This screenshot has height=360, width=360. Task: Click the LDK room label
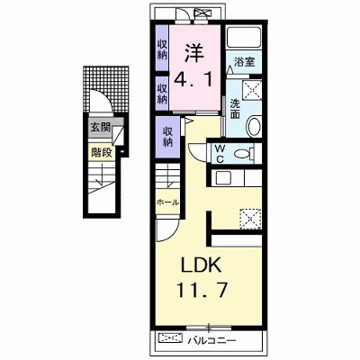point(201,265)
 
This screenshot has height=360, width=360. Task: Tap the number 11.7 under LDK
point(202,289)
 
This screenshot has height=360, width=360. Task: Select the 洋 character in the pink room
point(193,53)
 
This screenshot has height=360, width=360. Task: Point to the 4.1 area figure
point(193,79)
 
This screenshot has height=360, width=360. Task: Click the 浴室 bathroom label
point(244,62)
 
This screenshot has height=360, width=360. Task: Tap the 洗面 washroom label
point(235,109)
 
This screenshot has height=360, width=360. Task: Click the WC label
point(220,153)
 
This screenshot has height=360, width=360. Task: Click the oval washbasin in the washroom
point(255,127)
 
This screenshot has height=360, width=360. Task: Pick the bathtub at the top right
point(243,37)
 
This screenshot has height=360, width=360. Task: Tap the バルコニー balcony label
point(212,340)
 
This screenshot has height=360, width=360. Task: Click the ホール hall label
point(167,202)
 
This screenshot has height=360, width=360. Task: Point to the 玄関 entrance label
point(101,128)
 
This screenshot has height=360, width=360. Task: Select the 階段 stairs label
point(102,153)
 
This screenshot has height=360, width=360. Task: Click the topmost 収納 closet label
point(162,50)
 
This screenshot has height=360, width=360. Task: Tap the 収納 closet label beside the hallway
point(167,137)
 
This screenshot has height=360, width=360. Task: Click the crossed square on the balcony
point(170,338)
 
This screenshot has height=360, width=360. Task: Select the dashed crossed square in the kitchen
point(250,219)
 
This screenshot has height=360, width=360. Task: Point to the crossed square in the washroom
point(252,90)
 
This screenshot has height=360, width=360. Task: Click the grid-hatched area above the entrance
point(106,87)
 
